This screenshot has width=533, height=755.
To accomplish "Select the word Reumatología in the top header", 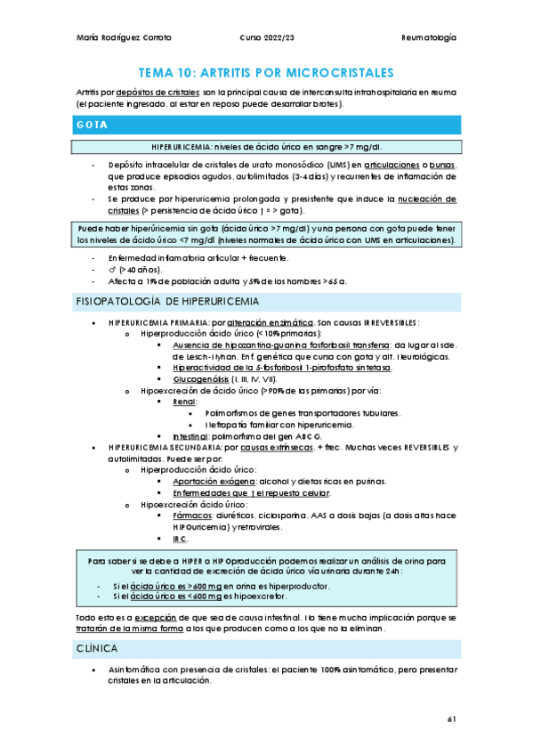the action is pos(429,38).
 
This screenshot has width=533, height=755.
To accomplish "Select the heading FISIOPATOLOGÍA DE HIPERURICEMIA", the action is pos(162,302).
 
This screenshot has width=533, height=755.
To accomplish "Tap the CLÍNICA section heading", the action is pos(98,649).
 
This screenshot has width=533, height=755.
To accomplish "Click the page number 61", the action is pos(450,718).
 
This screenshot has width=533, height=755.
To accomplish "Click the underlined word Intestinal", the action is pos(190,436).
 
